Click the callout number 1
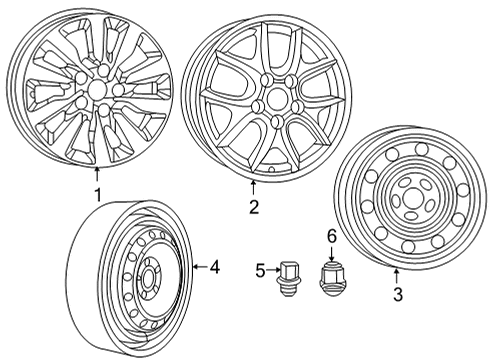[x=96, y=194]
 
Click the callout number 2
[x=254, y=207]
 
